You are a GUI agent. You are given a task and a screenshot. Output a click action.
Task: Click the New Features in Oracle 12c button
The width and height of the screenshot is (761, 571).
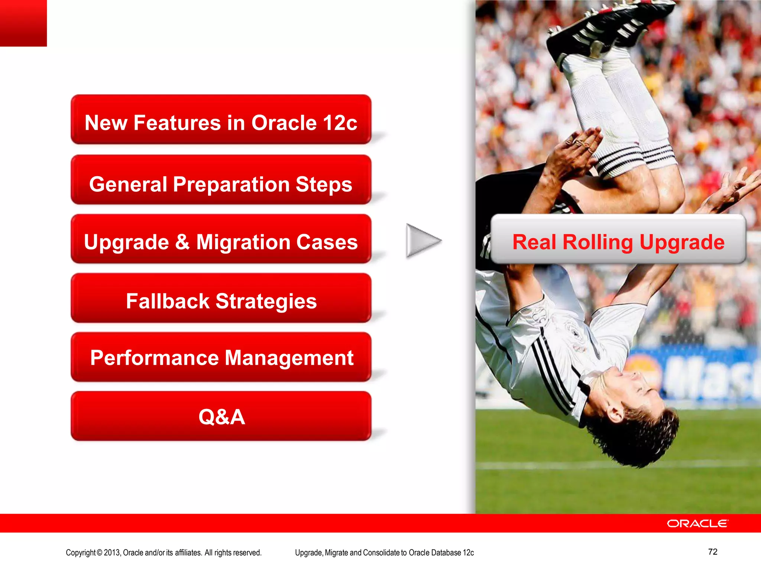221,120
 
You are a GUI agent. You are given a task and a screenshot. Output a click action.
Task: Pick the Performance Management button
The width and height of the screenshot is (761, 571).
221,357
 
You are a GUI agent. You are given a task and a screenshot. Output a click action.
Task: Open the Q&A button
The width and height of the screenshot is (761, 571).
221,416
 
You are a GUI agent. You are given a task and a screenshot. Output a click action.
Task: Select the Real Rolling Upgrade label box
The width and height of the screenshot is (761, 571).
618,239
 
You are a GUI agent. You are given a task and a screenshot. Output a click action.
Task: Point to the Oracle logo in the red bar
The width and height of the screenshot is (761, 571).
697,523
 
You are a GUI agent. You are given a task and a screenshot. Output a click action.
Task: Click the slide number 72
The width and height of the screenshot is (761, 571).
712,552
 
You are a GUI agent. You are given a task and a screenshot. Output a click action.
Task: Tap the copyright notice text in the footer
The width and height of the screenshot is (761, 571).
163,553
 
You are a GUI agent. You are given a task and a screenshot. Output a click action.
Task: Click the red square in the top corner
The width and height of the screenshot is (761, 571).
23,23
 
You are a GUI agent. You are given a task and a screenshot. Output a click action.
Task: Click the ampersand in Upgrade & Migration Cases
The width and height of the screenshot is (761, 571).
182,242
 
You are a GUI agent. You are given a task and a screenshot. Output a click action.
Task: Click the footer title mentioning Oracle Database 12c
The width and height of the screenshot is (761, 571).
384,553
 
